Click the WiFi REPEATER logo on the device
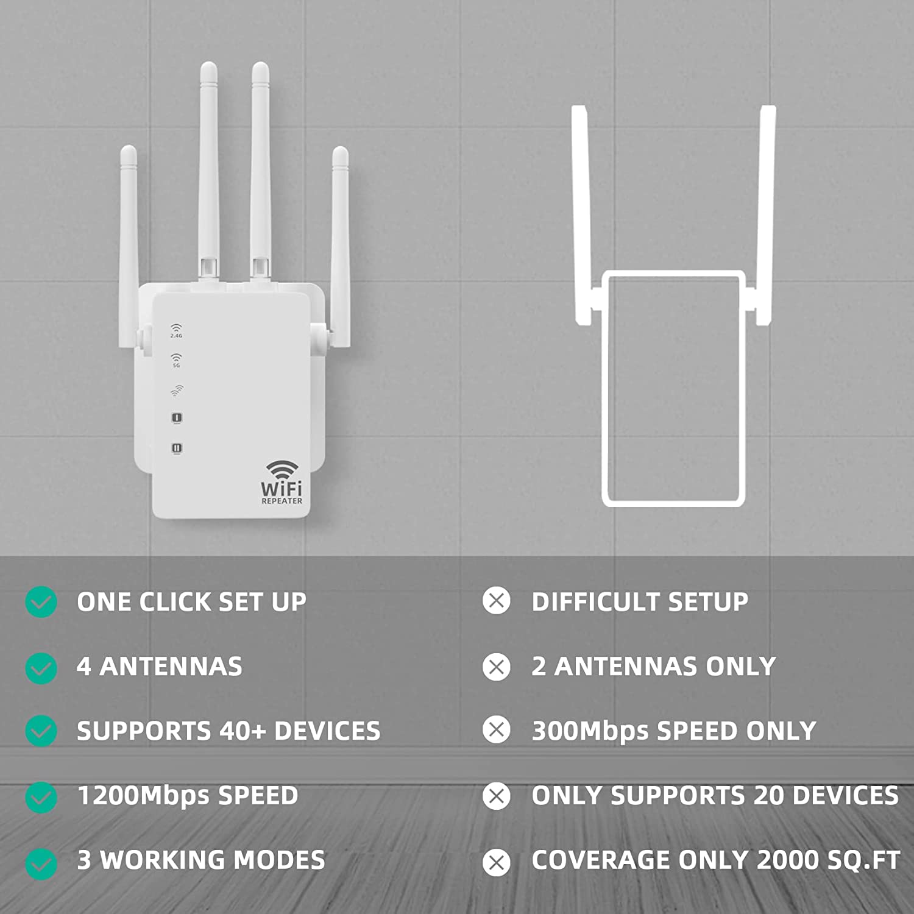(282, 483)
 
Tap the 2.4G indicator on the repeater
(176, 331)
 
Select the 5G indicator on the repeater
(176, 360)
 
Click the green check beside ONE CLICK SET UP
(41, 602)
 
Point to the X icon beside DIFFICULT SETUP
(497, 601)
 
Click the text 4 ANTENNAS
(160, 666)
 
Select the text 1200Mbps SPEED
(188, 796)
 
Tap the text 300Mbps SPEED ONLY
(674, 731)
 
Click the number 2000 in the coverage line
(788, 860)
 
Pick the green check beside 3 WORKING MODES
(41, 864)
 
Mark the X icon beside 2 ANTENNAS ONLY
(497, 667)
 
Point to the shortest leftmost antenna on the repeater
(129, 244)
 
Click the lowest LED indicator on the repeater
(177, 448)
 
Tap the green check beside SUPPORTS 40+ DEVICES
(41, 731)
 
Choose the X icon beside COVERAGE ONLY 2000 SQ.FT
(497, 863)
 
